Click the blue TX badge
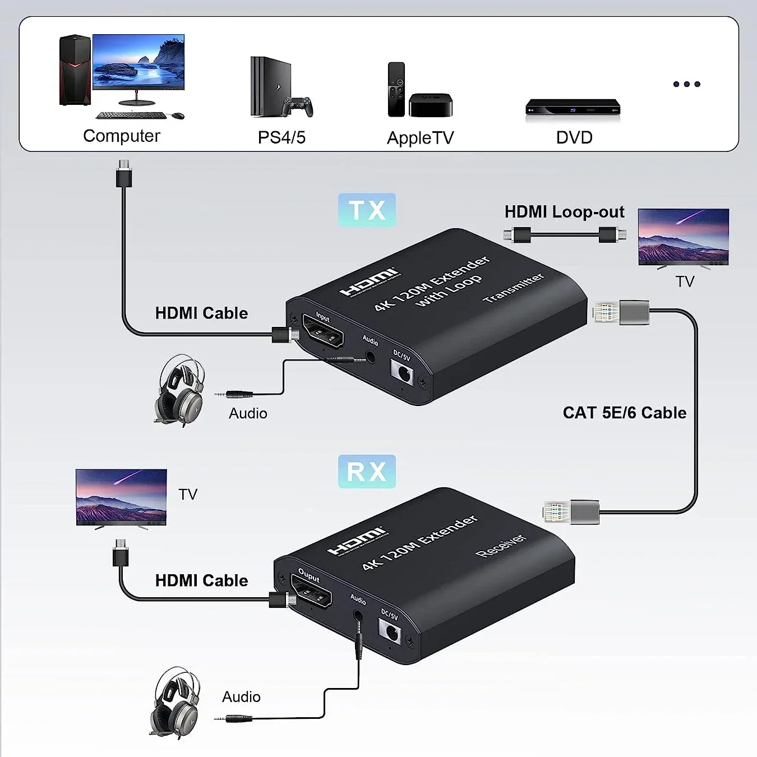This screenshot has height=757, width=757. click(x=367, y=210)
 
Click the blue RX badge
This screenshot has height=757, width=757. click(x=367, y=471)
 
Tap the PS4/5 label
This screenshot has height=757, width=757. click(x=281, y=137)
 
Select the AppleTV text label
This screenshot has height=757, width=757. click(x=420, y=138)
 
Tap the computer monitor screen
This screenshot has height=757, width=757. click(x=139, y=61)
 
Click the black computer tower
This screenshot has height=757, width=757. click(x=75, y=70)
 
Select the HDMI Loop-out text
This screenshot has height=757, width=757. click(x=564, y=212)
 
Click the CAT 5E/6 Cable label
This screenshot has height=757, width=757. click(x=624, y=413)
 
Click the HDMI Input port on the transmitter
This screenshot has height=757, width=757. click(x=323, y=331)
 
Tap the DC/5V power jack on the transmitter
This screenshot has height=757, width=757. click(x=402, y=371)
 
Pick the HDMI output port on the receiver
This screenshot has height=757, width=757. click(x=311, y=593)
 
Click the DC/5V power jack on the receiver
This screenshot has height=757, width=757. click(x=390, y=633)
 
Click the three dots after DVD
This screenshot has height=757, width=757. click(x=686, y=84)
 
